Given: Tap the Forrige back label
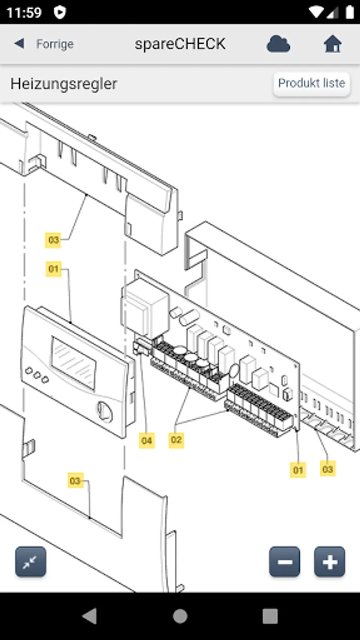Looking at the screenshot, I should pyautogui.click(x=54, y=44).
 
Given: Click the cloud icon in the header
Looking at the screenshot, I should pyautogui.click(x=278, y=44).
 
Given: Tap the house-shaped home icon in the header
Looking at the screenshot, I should pyautogui.click(x=332, y=44).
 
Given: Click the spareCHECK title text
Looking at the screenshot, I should pyautogui.click(x=180, y=44).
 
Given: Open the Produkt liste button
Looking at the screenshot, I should pyautogui.click(x=311, y=83).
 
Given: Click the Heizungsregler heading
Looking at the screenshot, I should pyautogui.click(x=64, y=84).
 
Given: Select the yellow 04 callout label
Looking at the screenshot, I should pyautogui.click(x=147, y=440).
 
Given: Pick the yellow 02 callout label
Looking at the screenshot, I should pyautogui.click(x=176, y=440).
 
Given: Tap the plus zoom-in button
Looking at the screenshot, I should pyautogui.click(x=329, y=562).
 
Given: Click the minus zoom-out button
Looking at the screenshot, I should pyautogui.click(x=284, y=562).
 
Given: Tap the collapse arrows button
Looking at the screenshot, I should pyautogui.click(x=30, y=562).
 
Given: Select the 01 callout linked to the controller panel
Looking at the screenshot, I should pyautogui.click(x=53, y=269).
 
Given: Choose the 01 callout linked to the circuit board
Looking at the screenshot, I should pyautogui.click(x=298, y=470).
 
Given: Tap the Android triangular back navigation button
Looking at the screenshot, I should pyautogui.click(x=90, y=616).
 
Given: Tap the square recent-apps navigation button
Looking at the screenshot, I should pyautogui.click(x=270, y=616).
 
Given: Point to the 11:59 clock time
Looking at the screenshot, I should pyautogui.click(x=24, y=12).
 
